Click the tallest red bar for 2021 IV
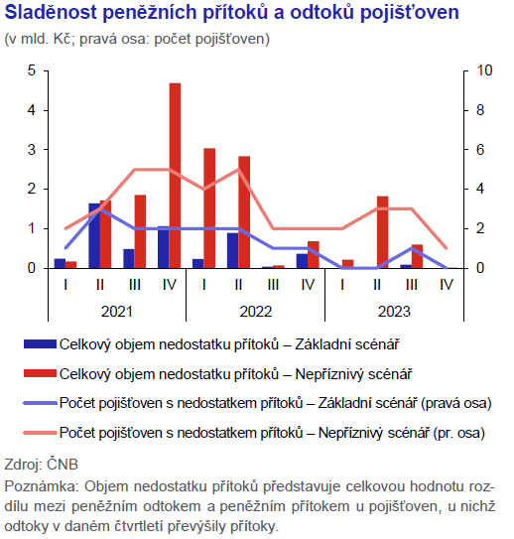point(175,176)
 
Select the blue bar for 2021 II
point(94,236)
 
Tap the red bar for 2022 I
point(209,208)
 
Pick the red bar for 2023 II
point(382,232)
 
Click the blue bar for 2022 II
point(232,250)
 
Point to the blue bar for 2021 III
point(129,258)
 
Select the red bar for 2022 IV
point(314,255)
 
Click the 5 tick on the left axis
point(32,70)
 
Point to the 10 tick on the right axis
point(484,70)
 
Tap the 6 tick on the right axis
point(480,150)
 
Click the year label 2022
point(256,312)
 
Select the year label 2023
point(394,312)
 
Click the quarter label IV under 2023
point(447,285)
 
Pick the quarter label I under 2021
point(65,285)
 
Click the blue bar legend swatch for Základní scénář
point(40,344)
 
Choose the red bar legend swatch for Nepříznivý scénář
point(40,373)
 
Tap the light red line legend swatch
point(40,433)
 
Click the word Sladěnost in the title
point(51,13)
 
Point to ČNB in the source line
point(63,465)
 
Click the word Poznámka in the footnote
point(42,486)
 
